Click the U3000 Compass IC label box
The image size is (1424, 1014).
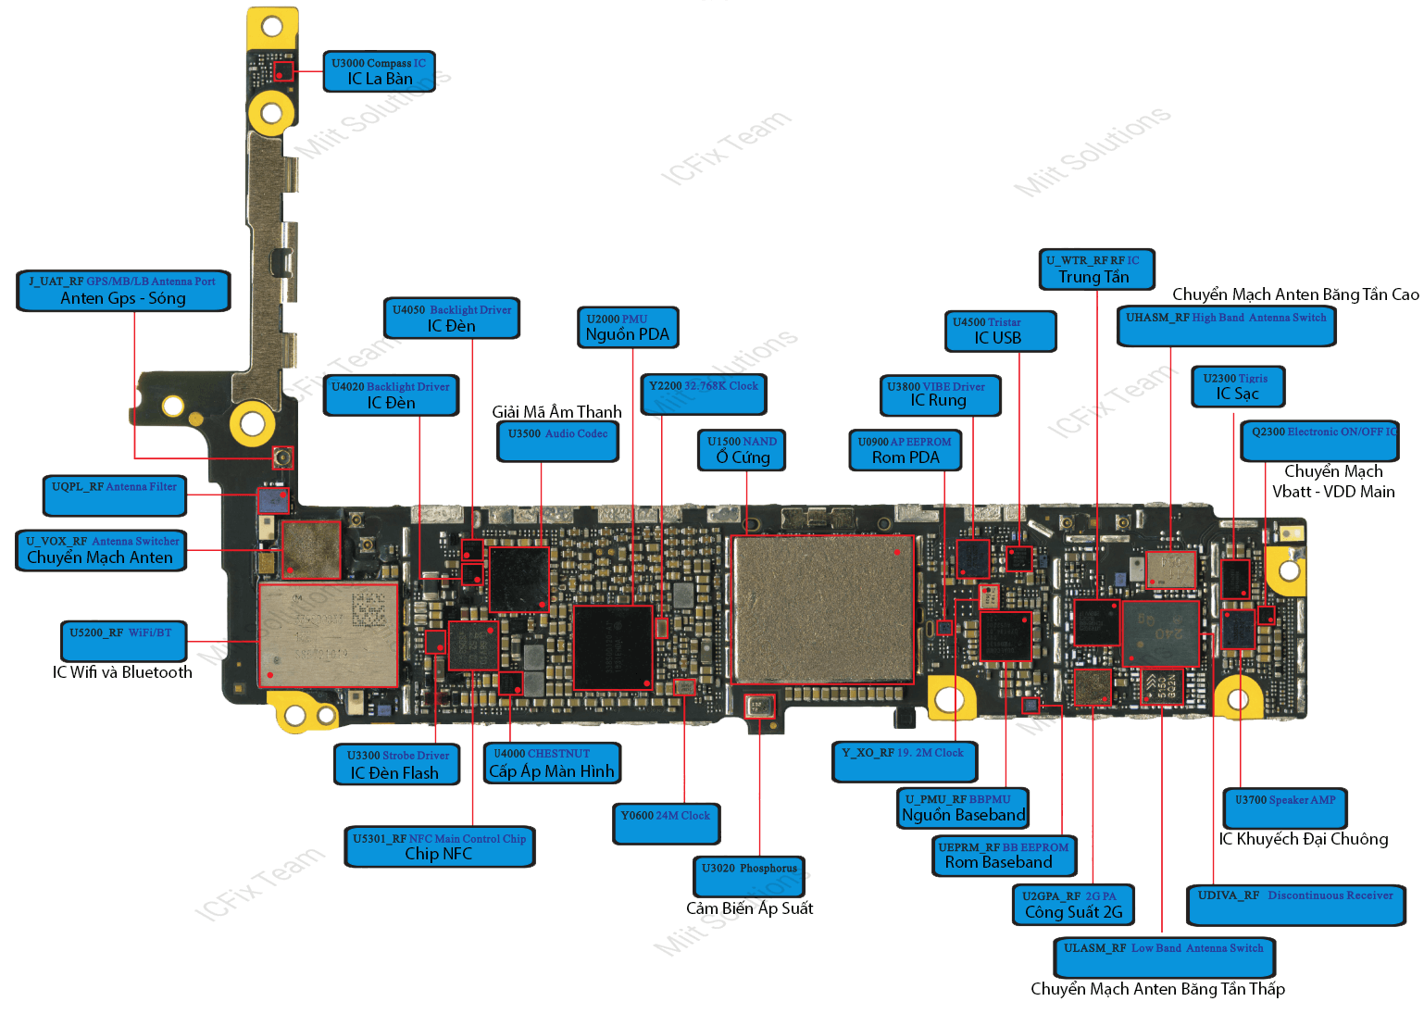tap(379, 71)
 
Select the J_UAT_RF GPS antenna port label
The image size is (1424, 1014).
tap(123, 290)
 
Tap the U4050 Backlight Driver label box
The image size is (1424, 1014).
tap(452, 318)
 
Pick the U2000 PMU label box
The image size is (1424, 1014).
tap(627, 327)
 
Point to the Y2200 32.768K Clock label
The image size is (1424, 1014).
tap(704, 393)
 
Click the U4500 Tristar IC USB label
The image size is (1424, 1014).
tap(1000, 331)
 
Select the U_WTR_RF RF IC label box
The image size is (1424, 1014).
tap(1096, 269)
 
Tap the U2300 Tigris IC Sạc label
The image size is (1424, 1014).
tap(1238, 386)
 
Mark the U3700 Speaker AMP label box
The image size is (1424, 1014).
tap(1285, 807)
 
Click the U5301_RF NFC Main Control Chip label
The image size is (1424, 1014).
tap(440, 846)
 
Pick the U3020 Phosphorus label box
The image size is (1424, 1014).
tap(749, 875)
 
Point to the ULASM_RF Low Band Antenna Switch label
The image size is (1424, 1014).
tap(1164, 956)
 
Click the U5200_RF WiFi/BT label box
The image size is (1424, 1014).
tap(122, 640)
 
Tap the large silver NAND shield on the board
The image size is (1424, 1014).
tap(823, 608)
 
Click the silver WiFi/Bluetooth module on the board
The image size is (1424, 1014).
tap(328, 634)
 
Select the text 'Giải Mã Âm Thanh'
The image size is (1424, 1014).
tap(556, 411)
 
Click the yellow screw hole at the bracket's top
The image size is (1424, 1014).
tap(271, 26)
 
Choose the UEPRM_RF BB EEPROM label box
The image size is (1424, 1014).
tap(1004, 855)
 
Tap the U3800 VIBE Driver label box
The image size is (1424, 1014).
tap(940, 394)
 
